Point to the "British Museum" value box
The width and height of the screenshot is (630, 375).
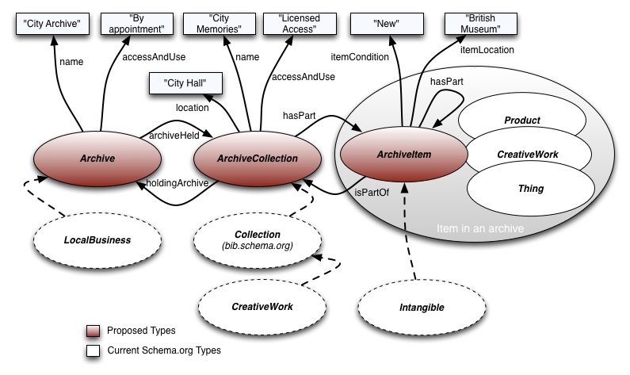[483, 25]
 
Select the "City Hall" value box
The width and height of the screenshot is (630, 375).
[182, 82]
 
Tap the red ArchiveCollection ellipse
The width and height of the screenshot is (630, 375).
[257, 158]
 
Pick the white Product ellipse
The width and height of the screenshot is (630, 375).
[521, 121]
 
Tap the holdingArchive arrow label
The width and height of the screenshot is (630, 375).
[178, 183]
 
